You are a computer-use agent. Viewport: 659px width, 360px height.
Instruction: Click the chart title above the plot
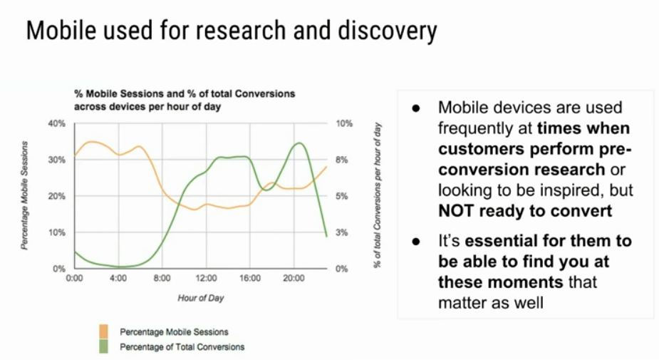185,100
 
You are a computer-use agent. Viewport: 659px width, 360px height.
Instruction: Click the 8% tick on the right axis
342,160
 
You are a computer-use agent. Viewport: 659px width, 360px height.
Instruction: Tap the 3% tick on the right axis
342,232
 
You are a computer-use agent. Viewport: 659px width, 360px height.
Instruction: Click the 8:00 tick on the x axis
162,279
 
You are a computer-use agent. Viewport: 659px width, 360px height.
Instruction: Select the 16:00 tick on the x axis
250,279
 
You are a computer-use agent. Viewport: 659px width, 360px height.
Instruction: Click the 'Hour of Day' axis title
200,298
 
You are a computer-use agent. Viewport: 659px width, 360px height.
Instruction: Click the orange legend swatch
104,331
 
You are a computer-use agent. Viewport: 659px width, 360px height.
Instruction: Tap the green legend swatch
104,346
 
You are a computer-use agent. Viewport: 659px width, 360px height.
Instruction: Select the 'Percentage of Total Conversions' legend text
182,347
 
